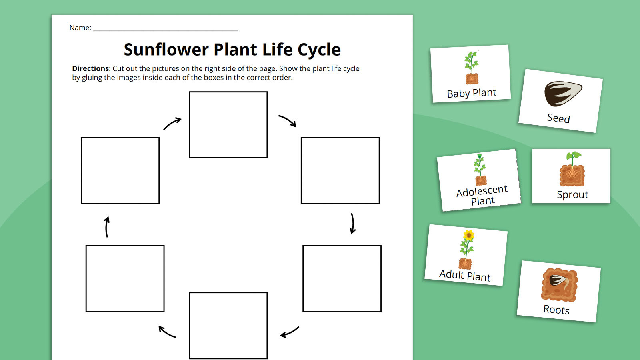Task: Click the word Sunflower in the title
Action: [x=166, y=50]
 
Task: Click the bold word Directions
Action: [x=90, y=68]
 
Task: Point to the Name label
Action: [x=80, y=28]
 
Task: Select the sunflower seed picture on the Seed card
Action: [x=562, y=93]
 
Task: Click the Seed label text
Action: [x=558, y=118]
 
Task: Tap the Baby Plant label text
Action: [x=471, y=93]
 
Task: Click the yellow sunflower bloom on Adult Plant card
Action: [x=468, y=235]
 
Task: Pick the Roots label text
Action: [x=556, y=310]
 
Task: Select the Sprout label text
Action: [x=572, y=195]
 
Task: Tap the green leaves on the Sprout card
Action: [x=573, y=155]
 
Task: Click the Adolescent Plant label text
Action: [x=482, y=195]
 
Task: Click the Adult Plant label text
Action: [x=464, y=276]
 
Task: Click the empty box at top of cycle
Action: [x=228, y=124]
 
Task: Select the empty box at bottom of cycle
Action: [x=228, y=325]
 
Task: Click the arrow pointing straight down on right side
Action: [x=352, y=223]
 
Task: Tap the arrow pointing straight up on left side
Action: [x=107, y=227]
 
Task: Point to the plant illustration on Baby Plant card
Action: [x=472, y=68]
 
